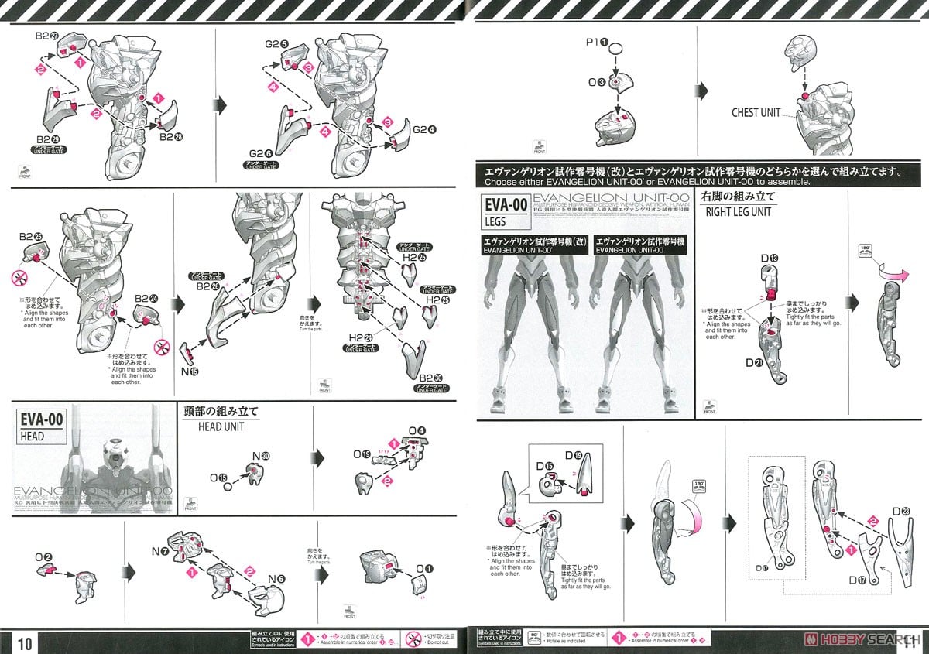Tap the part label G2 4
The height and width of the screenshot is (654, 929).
pos(424,130)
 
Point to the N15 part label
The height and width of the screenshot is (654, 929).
pos(189,372)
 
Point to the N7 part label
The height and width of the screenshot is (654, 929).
pos(160,551)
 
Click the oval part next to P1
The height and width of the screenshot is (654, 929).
pos(615,49)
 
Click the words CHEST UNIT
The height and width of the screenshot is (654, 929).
pos(756,113)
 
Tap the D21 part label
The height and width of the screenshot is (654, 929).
pos(753,362)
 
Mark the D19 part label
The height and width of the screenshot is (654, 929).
pos(574,455)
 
